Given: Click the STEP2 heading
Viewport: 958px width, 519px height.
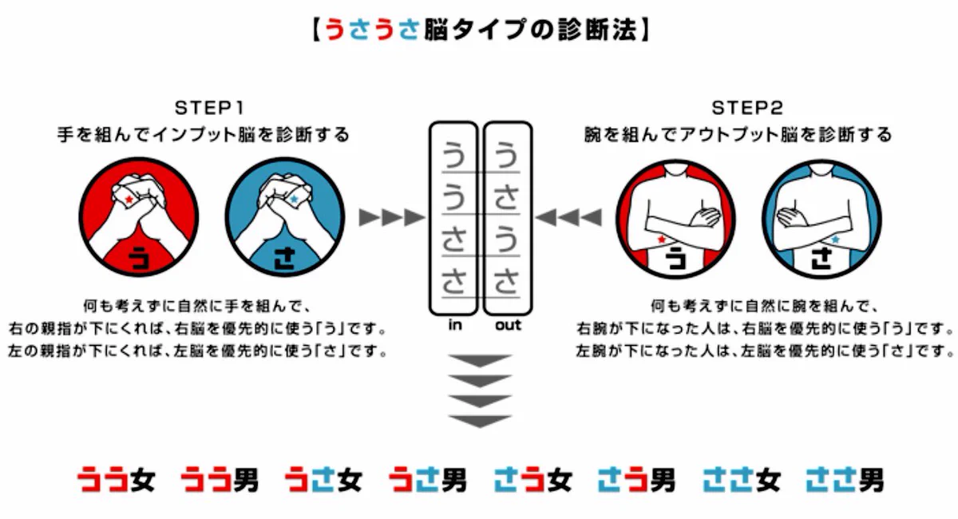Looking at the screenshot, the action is [x=747, y=107].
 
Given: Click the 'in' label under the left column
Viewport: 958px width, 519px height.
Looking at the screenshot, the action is [x=455, y=325].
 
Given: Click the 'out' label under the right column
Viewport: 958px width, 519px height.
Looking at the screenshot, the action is [x=508, y=325].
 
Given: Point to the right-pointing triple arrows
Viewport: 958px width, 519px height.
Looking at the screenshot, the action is [x=391, y=216].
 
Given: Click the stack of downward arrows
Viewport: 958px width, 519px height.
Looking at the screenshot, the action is [x=480, y=391].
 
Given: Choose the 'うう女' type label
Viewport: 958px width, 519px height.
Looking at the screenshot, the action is [x=117, y=479].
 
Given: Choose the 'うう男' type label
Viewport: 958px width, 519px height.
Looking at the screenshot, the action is [x=220, y=479].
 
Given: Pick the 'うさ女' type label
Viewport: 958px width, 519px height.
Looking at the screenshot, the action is [x=324, y=479].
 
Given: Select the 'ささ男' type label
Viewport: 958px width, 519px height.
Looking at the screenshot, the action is [x=845, y=479].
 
